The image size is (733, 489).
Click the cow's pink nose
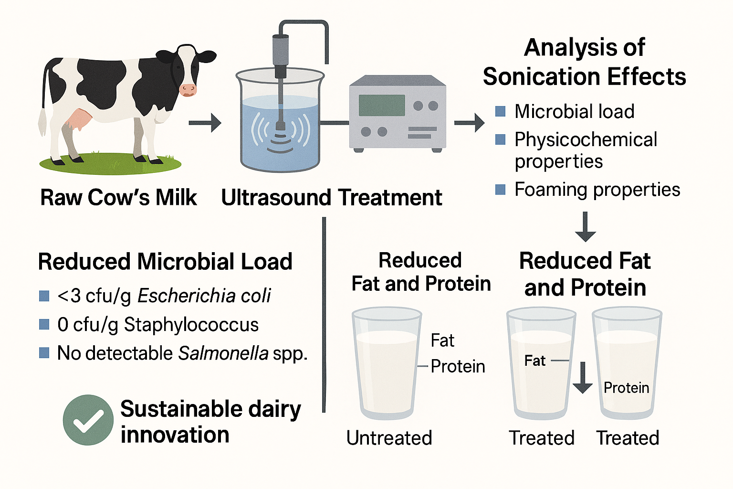click(x=188, y=90)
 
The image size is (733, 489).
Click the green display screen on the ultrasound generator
click(x=382, y=106)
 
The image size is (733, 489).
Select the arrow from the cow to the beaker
click(x=205, y=123)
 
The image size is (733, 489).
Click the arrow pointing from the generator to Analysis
click(x=470, y=123)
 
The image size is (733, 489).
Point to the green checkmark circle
click(x=88, y=420)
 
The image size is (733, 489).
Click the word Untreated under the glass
click(x=389, y=438)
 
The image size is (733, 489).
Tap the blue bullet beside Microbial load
click(x=500, y=111)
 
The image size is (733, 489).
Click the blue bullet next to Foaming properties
click(x=500, y=190)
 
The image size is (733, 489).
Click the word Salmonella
click(x=223, y=353)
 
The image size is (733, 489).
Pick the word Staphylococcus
click(x=191, y=325)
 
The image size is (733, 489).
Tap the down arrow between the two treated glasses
click(x=583, y=378)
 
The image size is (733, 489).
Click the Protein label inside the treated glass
click(x=626, y=388)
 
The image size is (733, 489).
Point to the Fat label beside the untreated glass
click(x=442, y=340)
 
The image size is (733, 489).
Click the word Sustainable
click(x=181, y=409)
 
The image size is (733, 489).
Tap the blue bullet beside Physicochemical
click(x=500, y=139)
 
